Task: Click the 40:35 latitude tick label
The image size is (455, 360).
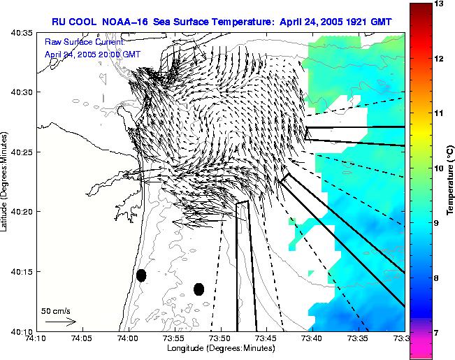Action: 20,33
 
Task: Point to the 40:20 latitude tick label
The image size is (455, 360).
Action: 20,212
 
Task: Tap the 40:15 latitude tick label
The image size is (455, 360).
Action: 20,271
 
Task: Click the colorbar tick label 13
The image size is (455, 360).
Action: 440,4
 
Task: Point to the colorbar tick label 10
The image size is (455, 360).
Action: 440,168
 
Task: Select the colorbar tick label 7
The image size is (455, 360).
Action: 438,333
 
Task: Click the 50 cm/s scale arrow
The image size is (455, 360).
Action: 60,322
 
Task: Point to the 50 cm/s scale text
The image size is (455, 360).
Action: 55,310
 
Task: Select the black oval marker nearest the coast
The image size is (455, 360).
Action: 141,275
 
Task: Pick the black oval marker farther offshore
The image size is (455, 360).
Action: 198,289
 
